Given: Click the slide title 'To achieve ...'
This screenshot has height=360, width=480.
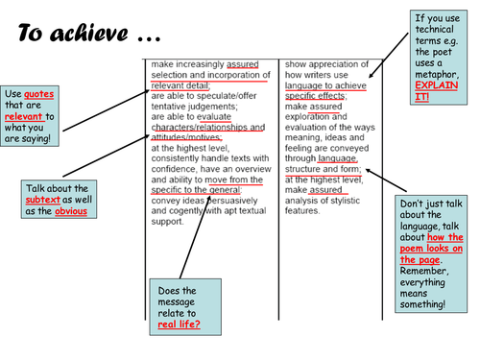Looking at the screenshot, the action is (89, 33).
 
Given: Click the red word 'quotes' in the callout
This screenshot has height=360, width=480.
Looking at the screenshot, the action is (38, 94).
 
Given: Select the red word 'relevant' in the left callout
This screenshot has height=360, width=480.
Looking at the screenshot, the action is (24, 116).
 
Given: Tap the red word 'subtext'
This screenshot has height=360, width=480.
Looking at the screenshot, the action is (43, 200).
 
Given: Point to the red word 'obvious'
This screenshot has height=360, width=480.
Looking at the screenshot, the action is (71, 211).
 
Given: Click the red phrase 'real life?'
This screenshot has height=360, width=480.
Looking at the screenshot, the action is (179, 324).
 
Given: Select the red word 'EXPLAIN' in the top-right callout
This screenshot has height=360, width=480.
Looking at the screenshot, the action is (437, 85).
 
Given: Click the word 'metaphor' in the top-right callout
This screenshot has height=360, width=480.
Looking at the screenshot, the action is (437, 74).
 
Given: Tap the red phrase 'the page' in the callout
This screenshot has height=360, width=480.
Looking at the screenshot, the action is (420, 259).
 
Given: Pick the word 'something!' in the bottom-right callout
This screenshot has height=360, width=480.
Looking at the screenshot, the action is (422, 304).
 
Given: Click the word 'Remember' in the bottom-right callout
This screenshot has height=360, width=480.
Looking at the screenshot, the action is (424, 271).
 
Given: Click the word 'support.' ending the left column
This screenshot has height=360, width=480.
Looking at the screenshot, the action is (167, 222).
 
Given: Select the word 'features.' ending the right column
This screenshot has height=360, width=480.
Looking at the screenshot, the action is (302, 210).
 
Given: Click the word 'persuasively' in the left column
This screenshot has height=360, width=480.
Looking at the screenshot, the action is (232, 201).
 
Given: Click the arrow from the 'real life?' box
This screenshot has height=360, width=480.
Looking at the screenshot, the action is (195, 237).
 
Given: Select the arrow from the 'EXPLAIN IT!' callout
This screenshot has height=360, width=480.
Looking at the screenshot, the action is (389, 55).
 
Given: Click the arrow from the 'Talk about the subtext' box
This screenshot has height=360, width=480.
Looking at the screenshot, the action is (107, 156).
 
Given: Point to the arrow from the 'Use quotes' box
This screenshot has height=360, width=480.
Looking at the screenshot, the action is (107, 110).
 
